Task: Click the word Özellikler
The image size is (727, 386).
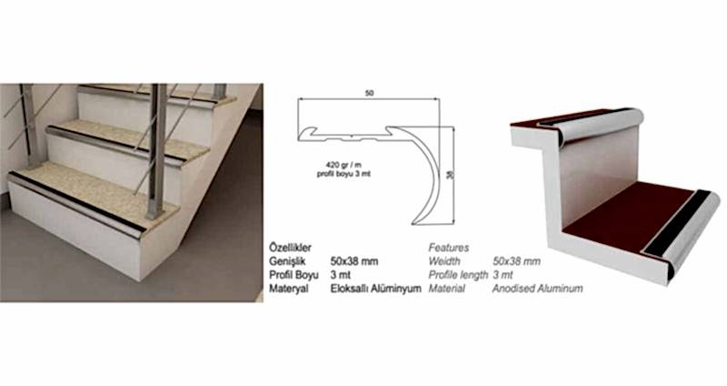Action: [x=290, y=248]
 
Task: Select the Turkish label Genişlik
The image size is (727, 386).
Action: [x=287, y=261]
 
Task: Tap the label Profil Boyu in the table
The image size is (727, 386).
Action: [x=294, y=275]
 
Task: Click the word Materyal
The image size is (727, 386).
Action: [x=288, y=289]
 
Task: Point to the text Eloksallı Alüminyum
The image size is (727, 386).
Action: [x=375, y=289]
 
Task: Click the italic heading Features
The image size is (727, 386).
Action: [x=448, y=248]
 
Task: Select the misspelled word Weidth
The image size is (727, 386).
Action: [x=444, y=261]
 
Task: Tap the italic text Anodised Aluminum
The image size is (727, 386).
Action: [x=537, y=289]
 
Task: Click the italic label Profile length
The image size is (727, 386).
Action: [x=458, y=275]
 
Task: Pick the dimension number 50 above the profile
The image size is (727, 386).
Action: [x=369, y=94]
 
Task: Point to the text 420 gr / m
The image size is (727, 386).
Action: [x=344, y=165]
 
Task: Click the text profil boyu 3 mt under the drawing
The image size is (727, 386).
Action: [x=344, y=174]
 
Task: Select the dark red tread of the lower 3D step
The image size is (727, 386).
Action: [x=626, y=216]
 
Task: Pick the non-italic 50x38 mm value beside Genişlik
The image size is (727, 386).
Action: [x=354, y=261]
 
